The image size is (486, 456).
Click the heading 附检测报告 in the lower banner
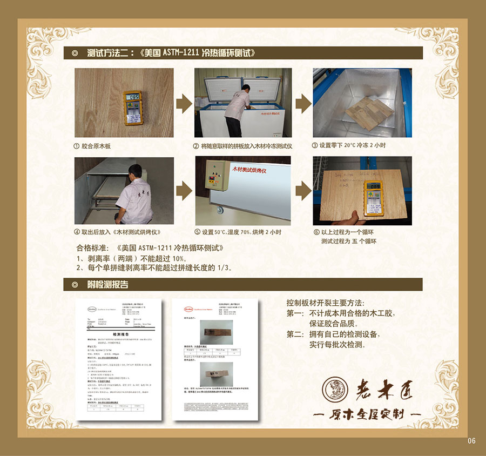(107, 285)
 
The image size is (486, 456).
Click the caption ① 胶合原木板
(96, 146)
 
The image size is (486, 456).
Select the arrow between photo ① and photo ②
(184, 102)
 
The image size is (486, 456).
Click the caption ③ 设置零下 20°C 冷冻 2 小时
(349, 145)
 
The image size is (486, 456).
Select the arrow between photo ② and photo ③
(302, 102)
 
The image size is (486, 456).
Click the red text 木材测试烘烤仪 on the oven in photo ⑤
(252, 169)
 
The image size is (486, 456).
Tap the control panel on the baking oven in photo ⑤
(212, 178)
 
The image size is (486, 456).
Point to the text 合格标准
(95, 248)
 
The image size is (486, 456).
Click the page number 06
(471, 441)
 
